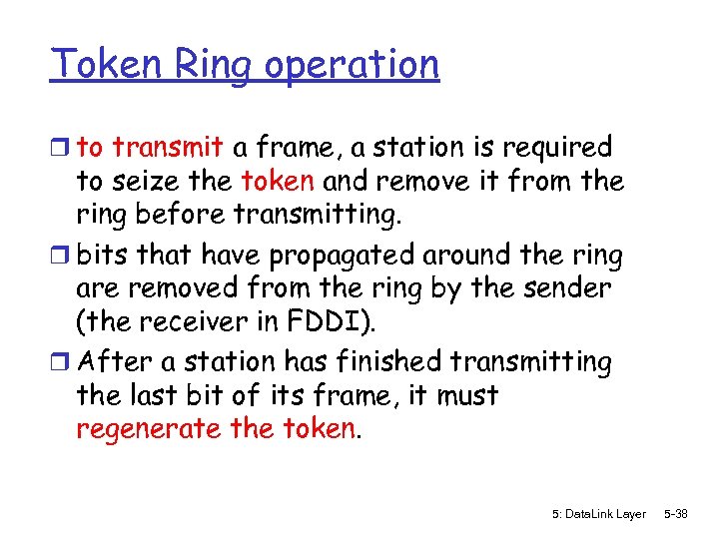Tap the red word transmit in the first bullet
click(x=167, y=148)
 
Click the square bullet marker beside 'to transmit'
click(x=62, y=149)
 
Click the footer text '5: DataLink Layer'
click(x=598, y=513)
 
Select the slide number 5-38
click(x=675, y=513)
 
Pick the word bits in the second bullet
click(x=100, y=256)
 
